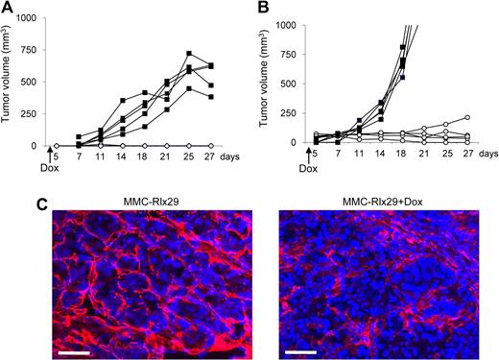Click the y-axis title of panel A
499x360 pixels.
(x=10, y=83)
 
